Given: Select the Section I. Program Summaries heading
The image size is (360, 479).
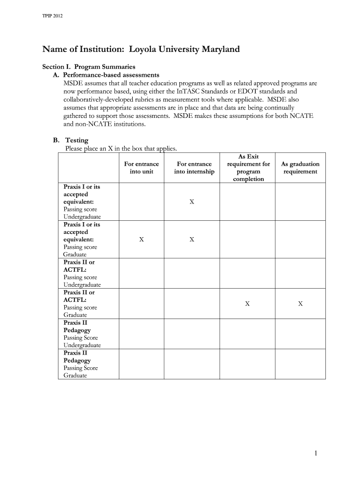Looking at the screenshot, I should coord(89,67).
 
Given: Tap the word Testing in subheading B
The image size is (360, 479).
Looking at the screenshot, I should coord(77,140).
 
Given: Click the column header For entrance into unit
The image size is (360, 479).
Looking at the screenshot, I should coord(141,167).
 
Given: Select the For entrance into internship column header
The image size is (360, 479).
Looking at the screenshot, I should coord(194,167).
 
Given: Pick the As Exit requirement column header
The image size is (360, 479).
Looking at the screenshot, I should coord(248,167).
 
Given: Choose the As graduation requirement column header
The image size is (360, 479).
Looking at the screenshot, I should coord(300,167).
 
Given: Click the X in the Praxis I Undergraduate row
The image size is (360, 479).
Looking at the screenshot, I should coord(192,202).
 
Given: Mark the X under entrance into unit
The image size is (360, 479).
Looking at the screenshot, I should coord(141,239).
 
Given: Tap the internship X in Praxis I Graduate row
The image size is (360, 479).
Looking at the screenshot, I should coord(192,239).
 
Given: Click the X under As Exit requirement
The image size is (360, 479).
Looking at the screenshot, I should coord(247,304).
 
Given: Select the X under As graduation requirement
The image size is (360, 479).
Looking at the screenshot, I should coord(301,304).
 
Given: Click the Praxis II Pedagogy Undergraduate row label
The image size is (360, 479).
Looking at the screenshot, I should coord(82,334).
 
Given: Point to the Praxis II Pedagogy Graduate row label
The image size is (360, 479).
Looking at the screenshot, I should coord(80,364).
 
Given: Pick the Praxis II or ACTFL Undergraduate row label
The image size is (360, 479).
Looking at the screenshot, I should coord(82,273).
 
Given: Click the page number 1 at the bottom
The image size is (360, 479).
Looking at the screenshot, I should coord(316,453).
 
